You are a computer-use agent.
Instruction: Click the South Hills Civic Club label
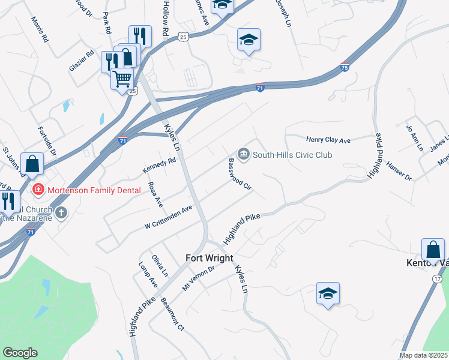tap(292, 155)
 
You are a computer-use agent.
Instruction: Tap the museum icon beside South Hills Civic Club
tap(244, 155)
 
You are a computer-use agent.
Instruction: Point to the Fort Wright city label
tap(209, 258)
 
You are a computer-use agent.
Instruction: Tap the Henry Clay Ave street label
tap(328, 140)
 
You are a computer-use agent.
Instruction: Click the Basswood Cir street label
tap(239, 175)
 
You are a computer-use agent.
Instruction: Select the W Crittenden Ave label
tap(168, 217)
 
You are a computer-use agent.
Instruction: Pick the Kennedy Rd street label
tap(159, 166)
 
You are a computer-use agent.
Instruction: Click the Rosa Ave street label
tap(155, 194)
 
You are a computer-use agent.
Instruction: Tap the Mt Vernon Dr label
tap(198, 277)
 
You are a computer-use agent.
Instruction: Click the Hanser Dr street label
tap(399, 170)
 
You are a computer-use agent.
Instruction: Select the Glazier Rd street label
tap(82, 61)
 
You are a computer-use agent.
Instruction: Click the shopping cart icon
tap(122, 78)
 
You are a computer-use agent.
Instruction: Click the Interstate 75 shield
tap(345, 67)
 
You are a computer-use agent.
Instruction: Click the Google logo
tap(19, 353)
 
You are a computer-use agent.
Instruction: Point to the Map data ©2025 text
tap(424, 355)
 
